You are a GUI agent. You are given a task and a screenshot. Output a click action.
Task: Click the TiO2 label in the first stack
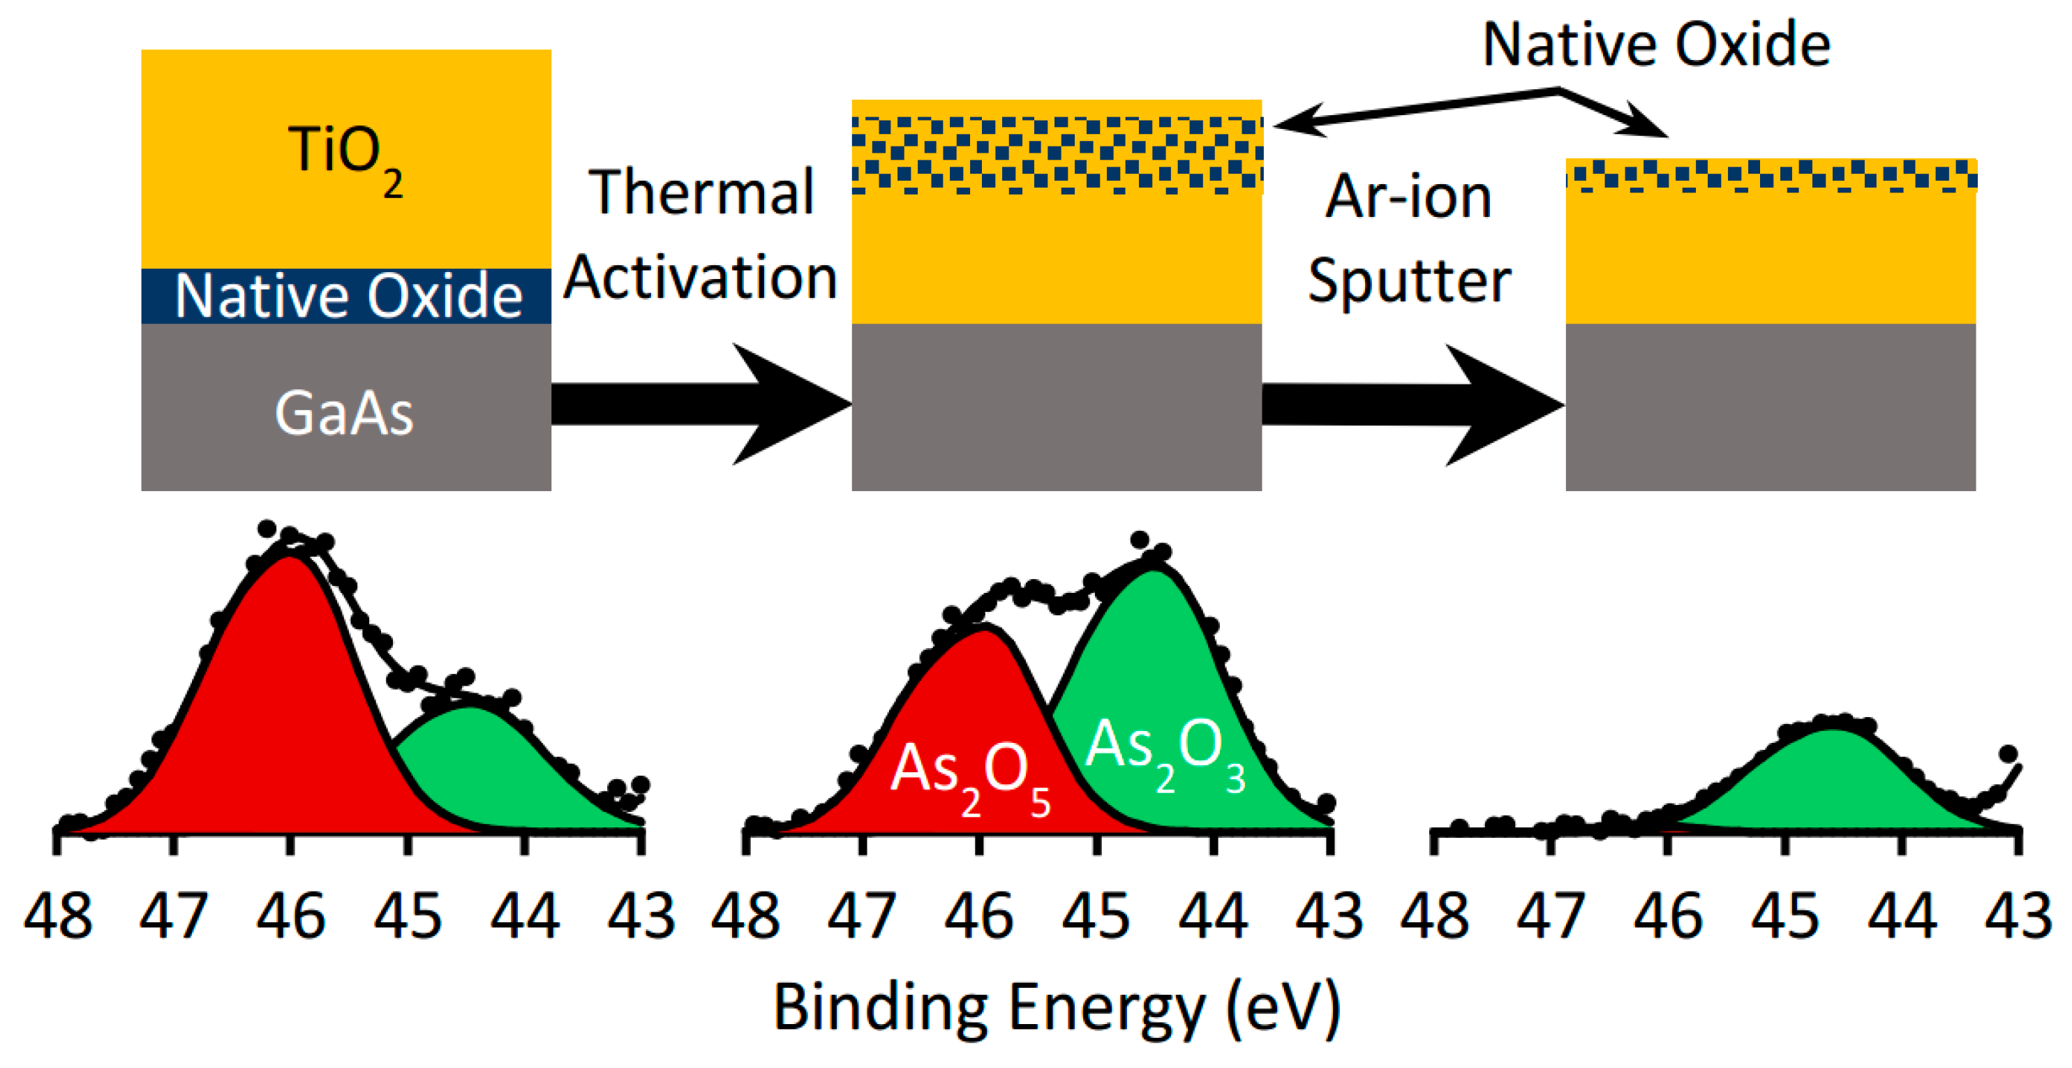[x=344, y=157]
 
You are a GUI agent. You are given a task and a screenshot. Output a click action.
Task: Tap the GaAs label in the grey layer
[x=344, y=414]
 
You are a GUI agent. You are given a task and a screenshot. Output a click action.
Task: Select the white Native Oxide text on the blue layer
[x=348, y=296]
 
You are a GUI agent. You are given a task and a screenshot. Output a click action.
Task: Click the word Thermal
[x=701, y=193]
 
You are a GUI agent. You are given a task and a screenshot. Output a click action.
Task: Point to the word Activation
[x=700, y=278]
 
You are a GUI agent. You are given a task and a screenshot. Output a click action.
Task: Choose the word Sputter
[x=1408, y=282]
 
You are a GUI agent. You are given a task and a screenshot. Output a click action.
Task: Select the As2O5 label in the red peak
[x=970, y=776]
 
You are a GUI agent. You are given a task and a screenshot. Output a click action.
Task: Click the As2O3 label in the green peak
[x=1165, y=752]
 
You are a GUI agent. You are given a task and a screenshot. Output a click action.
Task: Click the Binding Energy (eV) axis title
[x=1056, y=1007]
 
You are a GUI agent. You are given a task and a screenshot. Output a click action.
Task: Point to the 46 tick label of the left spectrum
[x=290, y=917]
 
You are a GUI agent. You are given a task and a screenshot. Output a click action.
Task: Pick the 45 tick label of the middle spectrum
[x=1096, y=917]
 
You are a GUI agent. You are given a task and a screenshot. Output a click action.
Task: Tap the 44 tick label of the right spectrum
[x=1902, y=917]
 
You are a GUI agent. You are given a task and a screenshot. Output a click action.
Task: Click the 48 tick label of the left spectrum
[x=57, y=917]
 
